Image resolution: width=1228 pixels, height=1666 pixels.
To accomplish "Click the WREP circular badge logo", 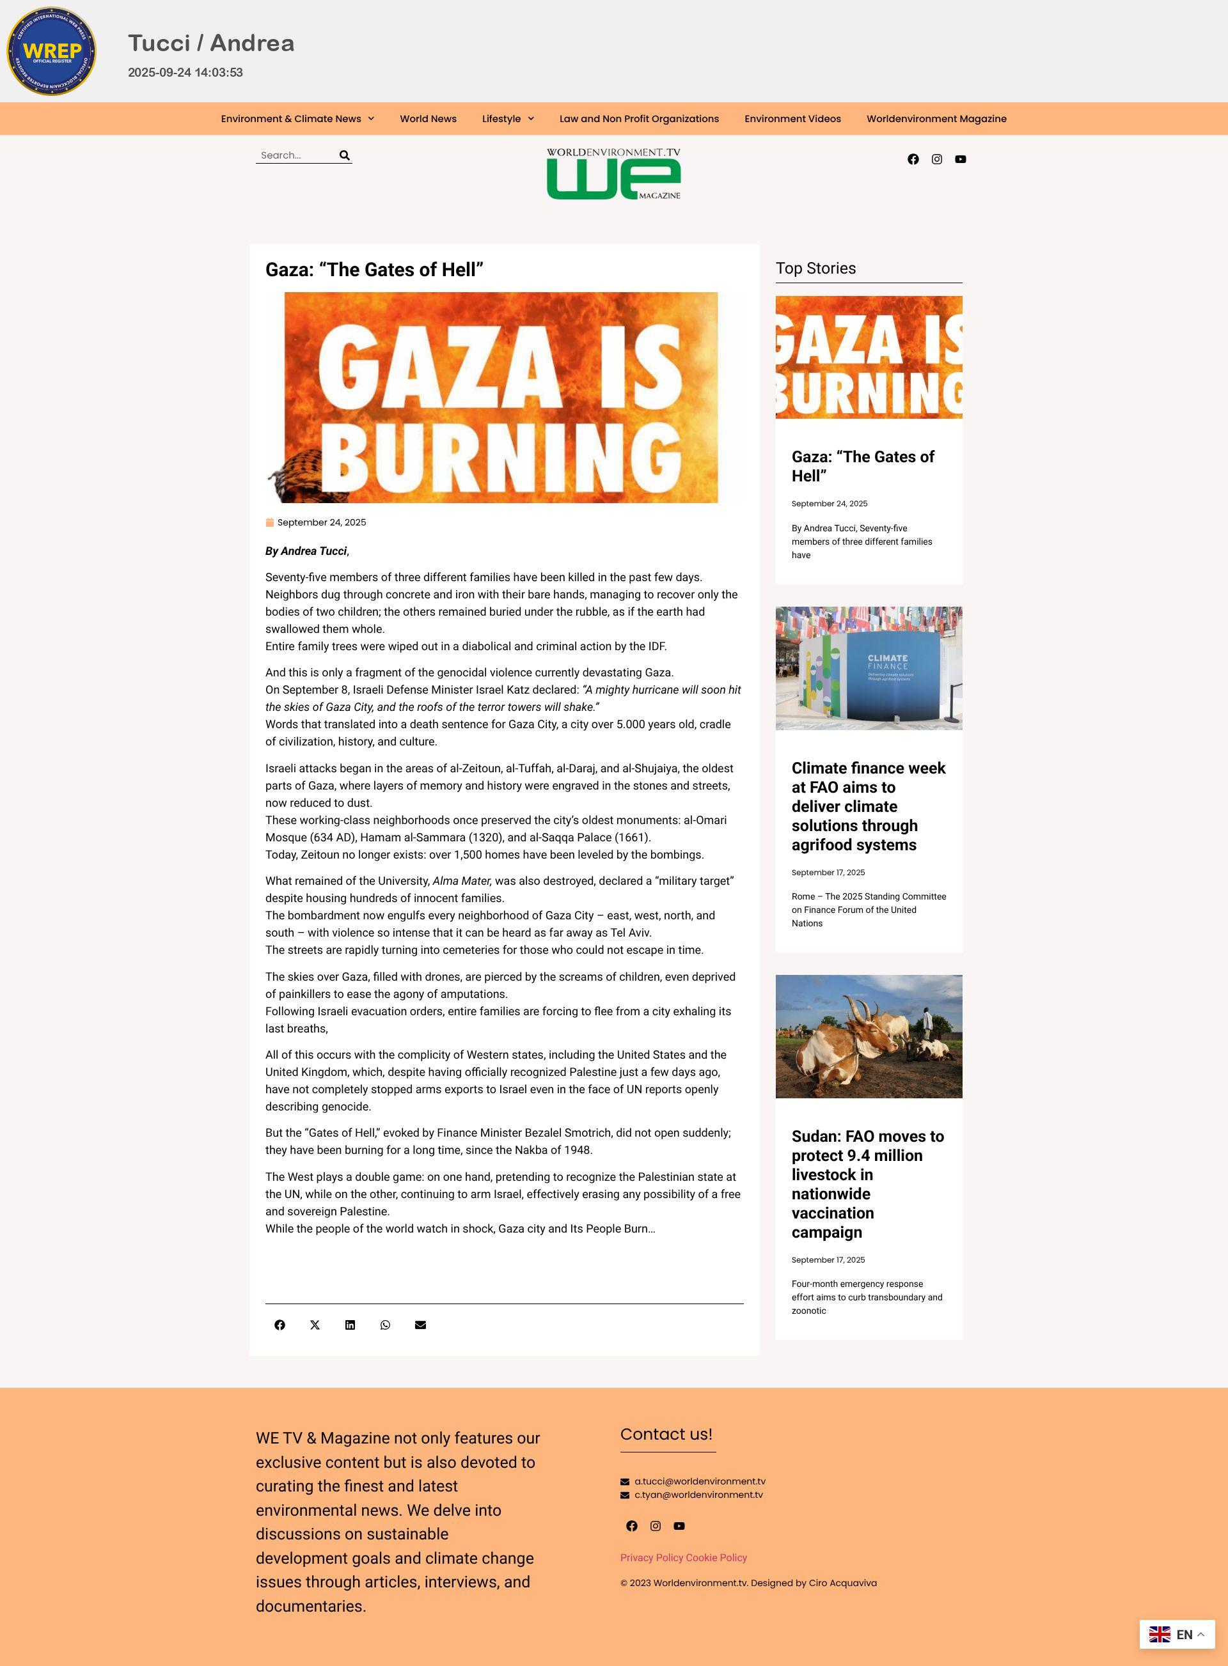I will [x=51, y=51].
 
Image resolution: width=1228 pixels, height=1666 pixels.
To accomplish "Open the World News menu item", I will [x=428, y=119].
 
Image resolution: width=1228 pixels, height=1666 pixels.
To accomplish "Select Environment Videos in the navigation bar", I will [x=792, y=119].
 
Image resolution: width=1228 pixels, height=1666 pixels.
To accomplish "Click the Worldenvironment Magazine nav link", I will [x=936, y=119].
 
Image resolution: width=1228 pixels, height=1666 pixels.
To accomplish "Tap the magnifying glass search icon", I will [x=344, y=155].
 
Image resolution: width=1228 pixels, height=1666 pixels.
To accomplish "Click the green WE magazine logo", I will [x=613, y=175].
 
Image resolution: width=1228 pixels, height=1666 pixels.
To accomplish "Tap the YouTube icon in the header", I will [x=961, y=159].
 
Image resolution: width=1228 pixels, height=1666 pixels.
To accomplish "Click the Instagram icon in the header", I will [x=936, y=159].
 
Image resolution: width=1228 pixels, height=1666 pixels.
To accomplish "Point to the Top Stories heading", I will [x=815, y=269].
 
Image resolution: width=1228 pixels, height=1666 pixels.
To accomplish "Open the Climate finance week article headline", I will [x=867, y=806].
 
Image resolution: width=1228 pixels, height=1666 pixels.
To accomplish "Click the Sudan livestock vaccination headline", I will [x=867, y=1184].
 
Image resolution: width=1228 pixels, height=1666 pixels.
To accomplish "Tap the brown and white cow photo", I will [x=868, y=1036].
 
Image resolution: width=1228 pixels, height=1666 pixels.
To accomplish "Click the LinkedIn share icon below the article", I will [x=350, y=1325].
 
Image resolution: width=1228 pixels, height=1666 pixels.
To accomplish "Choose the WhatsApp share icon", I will [x=385, y=1325].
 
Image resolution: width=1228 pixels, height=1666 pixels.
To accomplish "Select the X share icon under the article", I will [x=315, y=1325].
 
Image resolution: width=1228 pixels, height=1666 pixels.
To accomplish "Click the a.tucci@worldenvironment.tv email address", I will [x=700, y=1481].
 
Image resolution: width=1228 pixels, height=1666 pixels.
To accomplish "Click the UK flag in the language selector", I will [x=1159, y=1634].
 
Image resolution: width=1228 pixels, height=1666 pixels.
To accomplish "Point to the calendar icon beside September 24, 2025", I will [x=270, y=522].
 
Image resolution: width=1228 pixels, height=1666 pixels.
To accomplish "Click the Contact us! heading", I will [x=666, y=1434].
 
